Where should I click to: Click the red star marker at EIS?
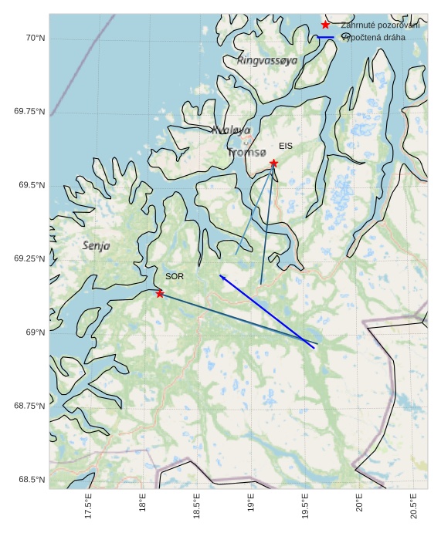[x=273, y=164]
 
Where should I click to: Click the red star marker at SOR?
[x=160, y=294]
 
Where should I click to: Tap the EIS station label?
[x=286, y=146]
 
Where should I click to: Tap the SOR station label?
[x=175, y=276]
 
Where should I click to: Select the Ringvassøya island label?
[x=267, y=60]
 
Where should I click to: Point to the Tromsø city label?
[x=246, y=153]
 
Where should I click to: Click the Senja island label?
[x=96, y=246]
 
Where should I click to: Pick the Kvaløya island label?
[x=231, y=130]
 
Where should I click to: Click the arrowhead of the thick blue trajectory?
[x=221, y=275]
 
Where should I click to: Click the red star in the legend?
[x=325, y=25]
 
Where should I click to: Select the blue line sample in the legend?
[x=325, y=37]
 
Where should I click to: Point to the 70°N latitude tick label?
[x=32, y=38]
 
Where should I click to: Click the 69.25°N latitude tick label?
[x=29, y=258]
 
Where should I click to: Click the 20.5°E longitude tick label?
[x=414, y=506]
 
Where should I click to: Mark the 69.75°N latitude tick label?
[x=29, y=112]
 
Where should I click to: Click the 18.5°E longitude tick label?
[x=197, y=506]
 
